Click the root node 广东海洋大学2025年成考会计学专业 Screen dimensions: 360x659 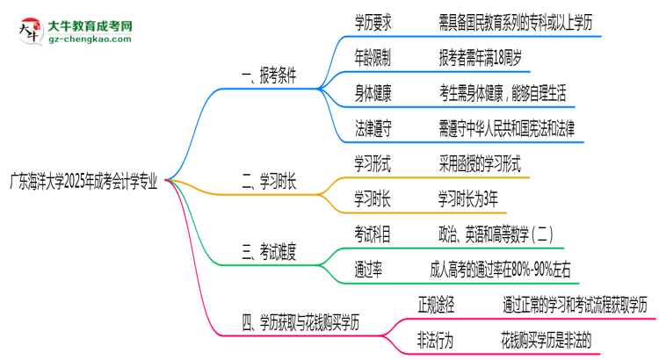84,182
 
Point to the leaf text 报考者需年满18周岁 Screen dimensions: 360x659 482,57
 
